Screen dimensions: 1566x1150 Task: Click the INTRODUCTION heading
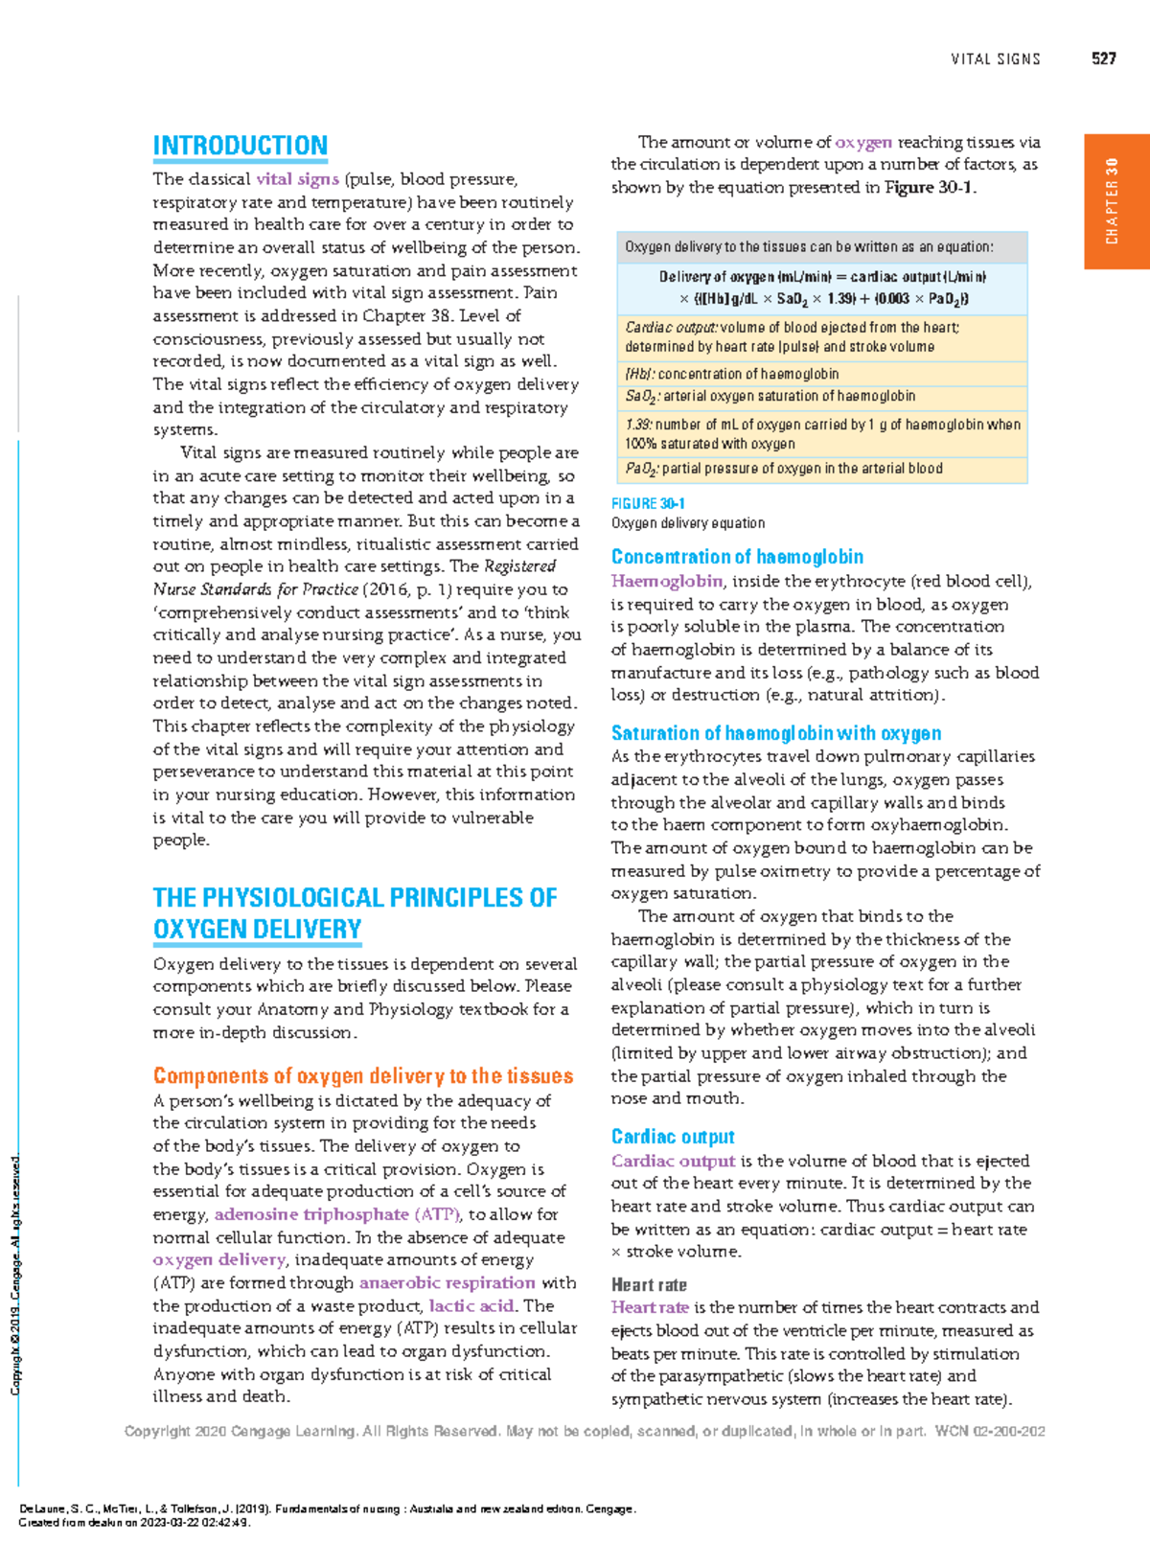click(240, 146)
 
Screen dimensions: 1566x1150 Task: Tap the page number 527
click(1103, 58)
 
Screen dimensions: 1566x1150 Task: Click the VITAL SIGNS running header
click(995, 59)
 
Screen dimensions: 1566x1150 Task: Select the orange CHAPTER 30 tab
click(1115, 200)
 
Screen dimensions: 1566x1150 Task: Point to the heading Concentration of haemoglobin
click(737, 557)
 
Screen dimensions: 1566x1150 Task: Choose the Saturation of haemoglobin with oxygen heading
click(775, 733)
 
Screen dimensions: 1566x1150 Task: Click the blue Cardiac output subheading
click(673, 1137)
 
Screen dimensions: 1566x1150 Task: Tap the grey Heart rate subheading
click(649, 1285)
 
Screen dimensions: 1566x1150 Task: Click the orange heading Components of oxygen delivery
click(363, 1076)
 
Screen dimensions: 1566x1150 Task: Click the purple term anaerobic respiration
click(447, 1282)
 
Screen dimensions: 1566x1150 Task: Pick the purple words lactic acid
click(471, 1305)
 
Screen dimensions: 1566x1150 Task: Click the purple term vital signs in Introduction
click(297, 179)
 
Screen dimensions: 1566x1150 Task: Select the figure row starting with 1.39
click(822, 433)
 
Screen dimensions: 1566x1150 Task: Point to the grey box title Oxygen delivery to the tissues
click(809, 246)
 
